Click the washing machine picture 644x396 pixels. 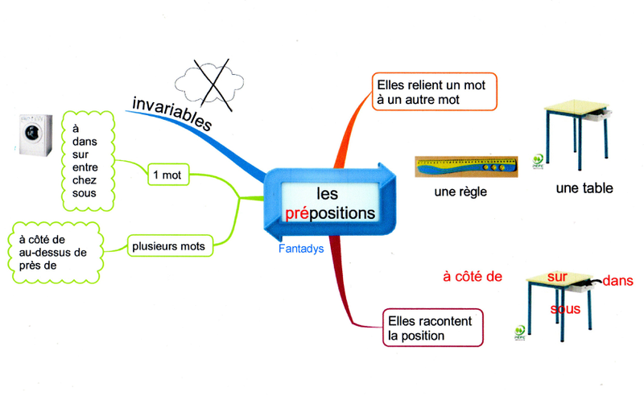click(x=35, y=132)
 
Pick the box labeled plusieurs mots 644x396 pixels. click(x=168, y=245)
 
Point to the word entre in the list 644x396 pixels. click(x=85, y=167)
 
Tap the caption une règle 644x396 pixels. click(x=460, y=192)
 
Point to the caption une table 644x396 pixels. click(x=584, y=188)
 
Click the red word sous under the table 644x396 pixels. click(x=565, y=309)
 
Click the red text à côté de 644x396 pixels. click(x=473, y=276)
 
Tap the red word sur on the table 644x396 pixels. click(x=558, y=277)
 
